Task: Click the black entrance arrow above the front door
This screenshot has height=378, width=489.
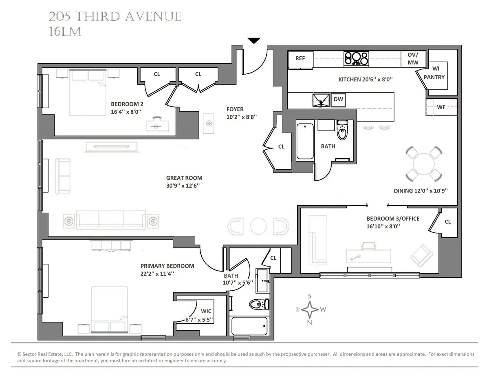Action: click(254, 40)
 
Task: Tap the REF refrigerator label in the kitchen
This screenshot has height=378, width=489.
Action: click(300, 58)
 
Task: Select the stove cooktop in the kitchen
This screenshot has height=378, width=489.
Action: click(357, 58)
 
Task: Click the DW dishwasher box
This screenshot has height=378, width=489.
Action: click(338, 99)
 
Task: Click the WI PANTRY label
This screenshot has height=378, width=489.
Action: click(434, 73)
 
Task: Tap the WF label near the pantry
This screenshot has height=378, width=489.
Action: click(441, 107)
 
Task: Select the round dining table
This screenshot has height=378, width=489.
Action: click(424, 164)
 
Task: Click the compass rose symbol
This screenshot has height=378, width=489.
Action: click(310, 309)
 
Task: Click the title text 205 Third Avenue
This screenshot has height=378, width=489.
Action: click(115, 17)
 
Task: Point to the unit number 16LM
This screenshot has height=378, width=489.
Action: click(65, 32)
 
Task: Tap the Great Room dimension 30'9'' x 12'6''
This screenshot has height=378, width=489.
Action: click(183, 185)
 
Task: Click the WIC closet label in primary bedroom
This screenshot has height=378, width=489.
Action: click(206, 312)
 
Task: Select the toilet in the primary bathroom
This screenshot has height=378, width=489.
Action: click(259, 305)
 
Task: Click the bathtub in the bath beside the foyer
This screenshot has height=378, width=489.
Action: click(305, 141)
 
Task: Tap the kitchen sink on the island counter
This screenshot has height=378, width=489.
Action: click(321, 100)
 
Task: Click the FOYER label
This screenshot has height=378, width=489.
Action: click(235, 109)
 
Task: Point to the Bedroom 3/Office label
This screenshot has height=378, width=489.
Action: click(392, 219)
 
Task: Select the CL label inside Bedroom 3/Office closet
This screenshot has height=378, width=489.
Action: click(447, 222)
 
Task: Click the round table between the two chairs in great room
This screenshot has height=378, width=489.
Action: click(258, 226)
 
